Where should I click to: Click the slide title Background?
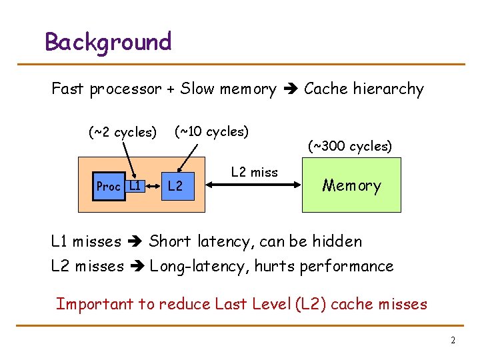coord(108,42)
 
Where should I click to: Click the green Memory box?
coord(351,185)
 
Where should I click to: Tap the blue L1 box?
coord(135,185)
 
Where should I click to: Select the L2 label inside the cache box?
coord(175,186)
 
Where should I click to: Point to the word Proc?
coord(108,187)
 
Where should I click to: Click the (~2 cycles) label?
coord(123,132)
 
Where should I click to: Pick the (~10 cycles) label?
coord(211,131)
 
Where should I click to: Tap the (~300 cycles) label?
coord(350,145)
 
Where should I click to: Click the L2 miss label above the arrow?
coord(254,172)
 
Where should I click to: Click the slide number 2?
coord(453,341)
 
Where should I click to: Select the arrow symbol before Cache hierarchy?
coord(290,89)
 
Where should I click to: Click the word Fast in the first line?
coord(68,89)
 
